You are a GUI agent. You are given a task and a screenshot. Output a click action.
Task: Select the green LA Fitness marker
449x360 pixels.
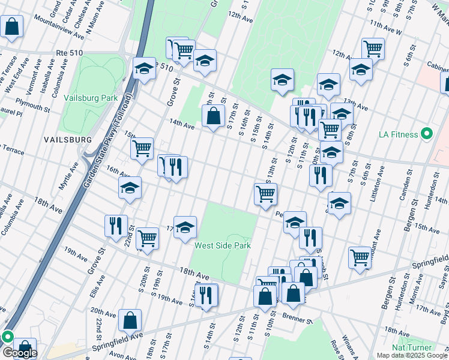click(427, 134)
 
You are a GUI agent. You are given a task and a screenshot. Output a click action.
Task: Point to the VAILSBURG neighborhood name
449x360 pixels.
click(67, 139)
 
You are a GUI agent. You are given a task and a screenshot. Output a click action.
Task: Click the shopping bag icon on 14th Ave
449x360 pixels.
click(213, 116)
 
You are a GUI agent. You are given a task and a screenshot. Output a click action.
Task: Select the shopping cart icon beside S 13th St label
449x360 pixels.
click(265, 194)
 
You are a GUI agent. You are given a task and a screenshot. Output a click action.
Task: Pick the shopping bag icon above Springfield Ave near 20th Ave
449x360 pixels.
click(130, 320)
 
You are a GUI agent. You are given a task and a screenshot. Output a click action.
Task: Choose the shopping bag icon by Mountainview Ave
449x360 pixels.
click(11, 26)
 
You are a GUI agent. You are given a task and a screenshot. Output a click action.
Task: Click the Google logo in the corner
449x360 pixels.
click(19, 353)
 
